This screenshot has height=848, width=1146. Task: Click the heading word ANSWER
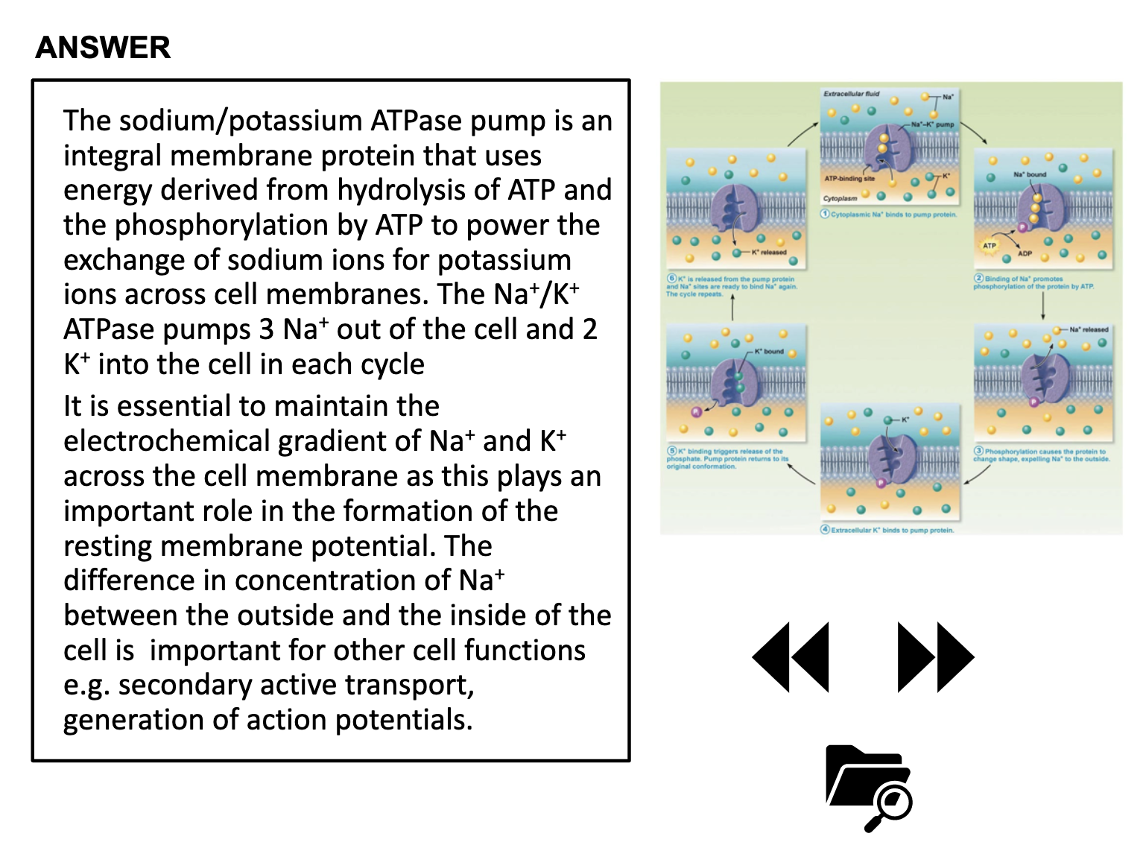click(103, 48)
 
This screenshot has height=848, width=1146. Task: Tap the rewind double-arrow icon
click(791, 657)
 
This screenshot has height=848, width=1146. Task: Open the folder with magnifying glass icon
click(869, 787)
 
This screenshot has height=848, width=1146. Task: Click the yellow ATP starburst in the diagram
click(989, 245)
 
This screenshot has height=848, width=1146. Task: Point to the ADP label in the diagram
click(1025, 253)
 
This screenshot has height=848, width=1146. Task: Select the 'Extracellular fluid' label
click(851, 94)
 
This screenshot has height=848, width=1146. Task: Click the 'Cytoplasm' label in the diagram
click(840, 199)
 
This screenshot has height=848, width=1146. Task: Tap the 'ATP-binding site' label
click(849, 179)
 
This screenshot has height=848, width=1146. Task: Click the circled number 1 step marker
click(825, 214)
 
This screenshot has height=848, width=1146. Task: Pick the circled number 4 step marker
click(825, 530)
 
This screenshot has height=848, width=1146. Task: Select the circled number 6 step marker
click(671, 279)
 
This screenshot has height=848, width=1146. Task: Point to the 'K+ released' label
click(769, 252)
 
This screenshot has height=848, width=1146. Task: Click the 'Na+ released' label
click(1089, 329)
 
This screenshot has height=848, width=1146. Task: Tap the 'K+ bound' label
click(769, 351)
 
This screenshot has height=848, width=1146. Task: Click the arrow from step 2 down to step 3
click(1043, 306)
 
